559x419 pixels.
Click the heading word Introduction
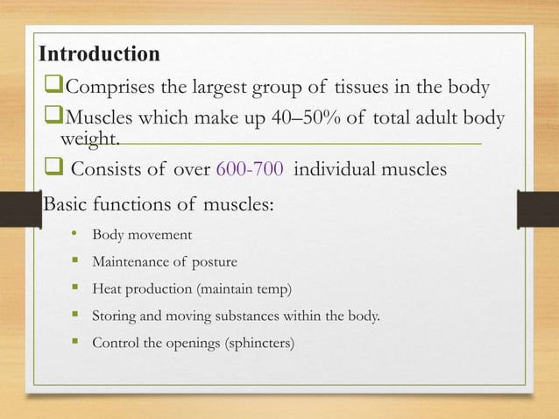(x=99, y=54)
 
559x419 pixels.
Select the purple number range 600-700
(x=250, y=169)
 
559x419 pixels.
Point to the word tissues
(x=361, y=88)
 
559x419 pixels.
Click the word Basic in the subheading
(x=65, y=205)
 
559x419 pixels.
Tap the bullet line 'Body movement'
(x=142, y=235)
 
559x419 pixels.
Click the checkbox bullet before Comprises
(x=55, y=89)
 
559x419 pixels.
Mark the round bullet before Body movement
(x=76, y=235)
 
